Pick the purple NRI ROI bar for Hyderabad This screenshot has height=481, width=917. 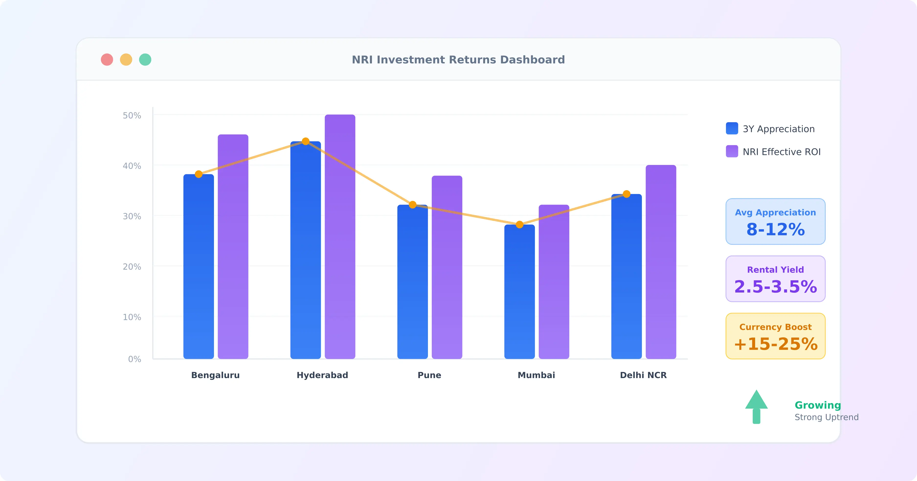(340, 237)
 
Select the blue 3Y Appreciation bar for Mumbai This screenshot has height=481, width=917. (519, 292)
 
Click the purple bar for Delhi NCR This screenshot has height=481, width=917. (661, 262)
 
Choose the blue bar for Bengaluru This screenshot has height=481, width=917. (198, 267)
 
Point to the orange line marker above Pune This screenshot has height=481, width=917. (413, 205)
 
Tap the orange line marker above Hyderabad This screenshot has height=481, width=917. (305, 141)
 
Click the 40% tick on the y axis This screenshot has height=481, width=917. (132, 166)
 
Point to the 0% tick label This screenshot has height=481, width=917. (134, 359)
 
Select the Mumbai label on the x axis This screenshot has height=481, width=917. (536, 375)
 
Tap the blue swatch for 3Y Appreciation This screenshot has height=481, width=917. (732, 128)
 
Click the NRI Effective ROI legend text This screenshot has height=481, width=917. (781, 152)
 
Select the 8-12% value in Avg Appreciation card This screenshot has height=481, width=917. (775, 230)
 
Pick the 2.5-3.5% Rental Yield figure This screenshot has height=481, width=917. (775, 287)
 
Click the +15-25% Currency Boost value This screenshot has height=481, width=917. (775, 344)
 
